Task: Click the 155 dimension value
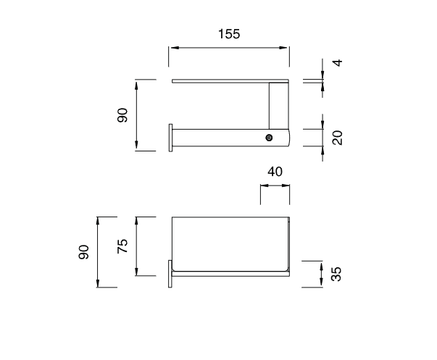229,34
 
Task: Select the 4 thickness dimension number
338,63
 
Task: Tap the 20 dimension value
338,138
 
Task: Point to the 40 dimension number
275,172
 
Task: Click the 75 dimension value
122,246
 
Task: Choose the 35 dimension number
336,275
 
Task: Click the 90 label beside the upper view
122,115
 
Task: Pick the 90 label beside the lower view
83,252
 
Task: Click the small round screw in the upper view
269,138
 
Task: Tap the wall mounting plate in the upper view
170,138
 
